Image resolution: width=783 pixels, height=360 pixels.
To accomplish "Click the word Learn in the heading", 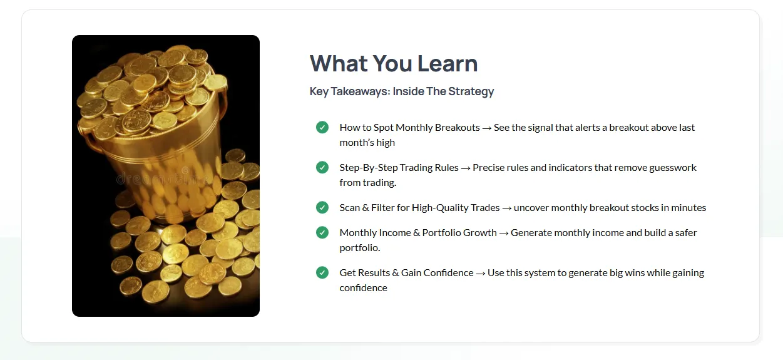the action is point(448,64).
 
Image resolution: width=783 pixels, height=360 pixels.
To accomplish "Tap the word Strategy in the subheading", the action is point(471,91).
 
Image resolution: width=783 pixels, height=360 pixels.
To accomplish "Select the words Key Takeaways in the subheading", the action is point(350,91).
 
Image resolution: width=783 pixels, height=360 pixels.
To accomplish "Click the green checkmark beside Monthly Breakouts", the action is point(322,127).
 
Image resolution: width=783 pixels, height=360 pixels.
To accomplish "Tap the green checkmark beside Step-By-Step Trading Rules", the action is point(322,167).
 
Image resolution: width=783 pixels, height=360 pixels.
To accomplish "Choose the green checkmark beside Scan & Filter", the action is point(322,207).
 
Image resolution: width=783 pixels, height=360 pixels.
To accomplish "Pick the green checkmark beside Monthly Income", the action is point(322,232).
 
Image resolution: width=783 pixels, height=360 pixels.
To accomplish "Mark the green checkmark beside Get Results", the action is point(322,272).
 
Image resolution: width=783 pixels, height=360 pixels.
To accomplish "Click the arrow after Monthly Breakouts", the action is point(486,128).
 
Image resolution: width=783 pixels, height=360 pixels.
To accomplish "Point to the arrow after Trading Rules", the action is point(466,168).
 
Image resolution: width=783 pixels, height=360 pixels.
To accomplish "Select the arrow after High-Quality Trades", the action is point(506,208).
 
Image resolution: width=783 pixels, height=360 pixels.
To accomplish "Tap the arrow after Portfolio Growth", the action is point(504,234).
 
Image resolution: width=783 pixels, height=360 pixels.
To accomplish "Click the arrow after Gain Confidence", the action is point(481,274).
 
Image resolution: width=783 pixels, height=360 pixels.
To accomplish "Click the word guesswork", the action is point(673,168).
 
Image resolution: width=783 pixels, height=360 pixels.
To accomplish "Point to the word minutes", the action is point(688,208).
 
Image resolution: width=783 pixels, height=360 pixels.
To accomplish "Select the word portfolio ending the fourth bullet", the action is point(360,248).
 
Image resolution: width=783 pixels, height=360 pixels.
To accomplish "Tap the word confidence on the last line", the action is point(363,287).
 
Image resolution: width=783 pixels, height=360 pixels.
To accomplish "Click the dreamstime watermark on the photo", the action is point(163,178).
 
